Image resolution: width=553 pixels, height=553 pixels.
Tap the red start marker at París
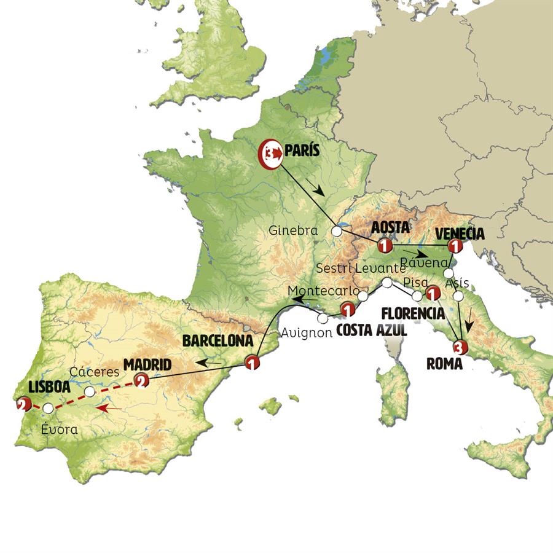[270, 152]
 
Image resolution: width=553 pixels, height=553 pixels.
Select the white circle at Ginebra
[337, 232]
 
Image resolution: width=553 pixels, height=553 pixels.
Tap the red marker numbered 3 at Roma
[461, 347]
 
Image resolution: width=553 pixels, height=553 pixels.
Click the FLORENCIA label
[413, 313]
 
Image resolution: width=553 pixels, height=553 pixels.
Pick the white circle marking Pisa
[417, 296]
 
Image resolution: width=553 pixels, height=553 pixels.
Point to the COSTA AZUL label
[371, 331]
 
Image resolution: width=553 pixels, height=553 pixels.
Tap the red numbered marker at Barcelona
[252, 363]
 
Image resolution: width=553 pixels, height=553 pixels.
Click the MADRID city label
[147, 365]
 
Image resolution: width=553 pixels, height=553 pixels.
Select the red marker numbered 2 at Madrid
[141, 382]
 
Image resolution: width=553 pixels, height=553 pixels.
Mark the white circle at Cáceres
[90, 391]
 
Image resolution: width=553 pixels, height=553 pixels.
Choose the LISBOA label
[49, 388]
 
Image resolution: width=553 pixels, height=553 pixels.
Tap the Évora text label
[60, 430]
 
